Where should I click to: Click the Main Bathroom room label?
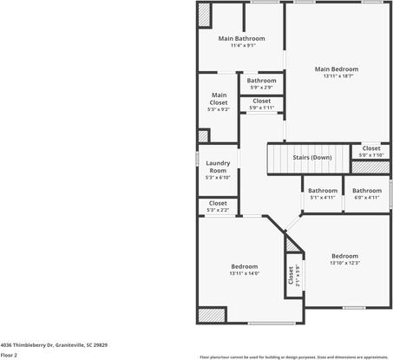[241, 38]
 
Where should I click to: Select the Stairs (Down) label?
[311, 157]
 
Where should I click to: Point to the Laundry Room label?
[219, 167]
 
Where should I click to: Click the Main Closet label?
[219, 102]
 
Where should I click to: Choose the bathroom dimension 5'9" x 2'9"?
[261, 88]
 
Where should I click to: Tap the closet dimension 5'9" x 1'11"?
[261, 108]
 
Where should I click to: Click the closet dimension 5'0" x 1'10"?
[370, 154]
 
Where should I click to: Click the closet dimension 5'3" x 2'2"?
[219, 210]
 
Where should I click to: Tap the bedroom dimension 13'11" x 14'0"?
[244, 273]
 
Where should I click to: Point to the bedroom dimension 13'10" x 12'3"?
[344, 263]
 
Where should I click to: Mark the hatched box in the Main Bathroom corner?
[205, 14]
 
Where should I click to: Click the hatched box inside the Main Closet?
[204, 135]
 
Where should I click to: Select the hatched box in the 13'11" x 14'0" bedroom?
[211, 315]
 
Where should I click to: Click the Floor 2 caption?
[10, 355]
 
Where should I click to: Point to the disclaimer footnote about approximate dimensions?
[294, 357]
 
